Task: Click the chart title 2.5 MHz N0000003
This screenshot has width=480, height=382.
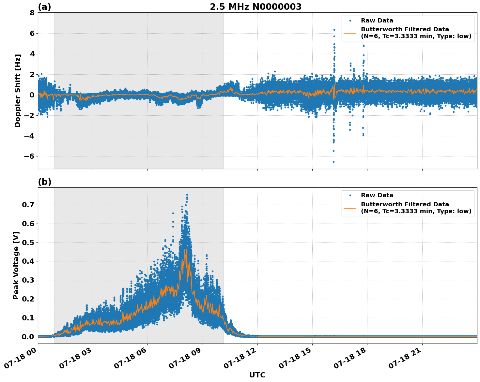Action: [x=255, y=7]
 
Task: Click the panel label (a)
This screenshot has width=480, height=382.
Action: [x=44, y=7]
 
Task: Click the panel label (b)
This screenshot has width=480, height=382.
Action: [x=44, y=182]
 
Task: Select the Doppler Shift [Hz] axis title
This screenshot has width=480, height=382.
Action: [x=18, y=91]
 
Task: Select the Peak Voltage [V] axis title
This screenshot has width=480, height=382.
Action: [x=16, y=265]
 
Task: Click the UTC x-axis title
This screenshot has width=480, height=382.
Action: [x=257, y=375]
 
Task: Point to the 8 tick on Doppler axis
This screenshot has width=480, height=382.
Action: [x=32, y=13]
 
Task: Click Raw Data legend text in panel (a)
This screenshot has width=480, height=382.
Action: [x=377, y=21]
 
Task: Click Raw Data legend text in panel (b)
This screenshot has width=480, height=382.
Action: [x=377, y=195]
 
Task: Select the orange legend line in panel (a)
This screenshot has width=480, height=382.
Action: [x=350, y=33]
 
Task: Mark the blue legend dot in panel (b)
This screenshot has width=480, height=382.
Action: [x=350, y=195]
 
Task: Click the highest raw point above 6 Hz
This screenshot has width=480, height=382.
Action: [x=334, y=30]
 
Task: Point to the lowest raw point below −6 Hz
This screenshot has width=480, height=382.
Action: [x=333, y=162]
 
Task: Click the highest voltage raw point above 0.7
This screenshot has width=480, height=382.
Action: [x=187, y=195]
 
